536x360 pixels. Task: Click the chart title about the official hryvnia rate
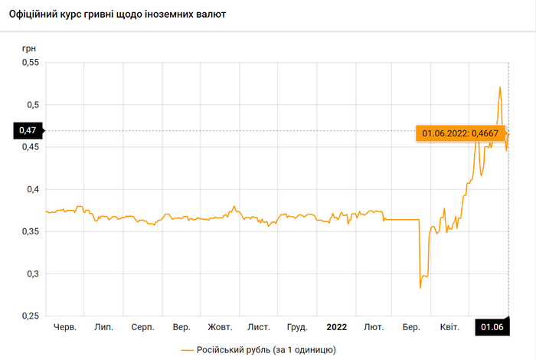(x=123, y=15)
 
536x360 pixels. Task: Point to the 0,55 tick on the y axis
(x=28, y=62)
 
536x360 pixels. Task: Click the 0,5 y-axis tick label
(x=31, y=104)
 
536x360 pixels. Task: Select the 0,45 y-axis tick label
(x=28, y=146)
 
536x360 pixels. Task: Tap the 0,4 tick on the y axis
(x=31, y=189)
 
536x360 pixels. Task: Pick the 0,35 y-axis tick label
(x=28, y=231)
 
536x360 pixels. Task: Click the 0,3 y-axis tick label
(x=31, y=273)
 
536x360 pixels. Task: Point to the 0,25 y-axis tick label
(x=28, y=316)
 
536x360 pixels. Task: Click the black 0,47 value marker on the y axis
(x=28, y=131)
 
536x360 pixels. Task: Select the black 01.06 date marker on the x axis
(x=492, y=327)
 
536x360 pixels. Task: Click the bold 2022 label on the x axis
(x=336, y=327)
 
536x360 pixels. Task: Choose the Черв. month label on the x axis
(x=65, y=327)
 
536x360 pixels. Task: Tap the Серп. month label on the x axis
(x=142, y=327)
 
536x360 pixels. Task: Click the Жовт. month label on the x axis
(x=220, y=327)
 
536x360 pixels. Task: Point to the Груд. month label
(x=297, y=327)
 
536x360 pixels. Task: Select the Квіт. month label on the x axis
(x=449, y=327)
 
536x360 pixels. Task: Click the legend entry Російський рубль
(x=258, y=349)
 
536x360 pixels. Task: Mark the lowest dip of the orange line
(x=420, y=287)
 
